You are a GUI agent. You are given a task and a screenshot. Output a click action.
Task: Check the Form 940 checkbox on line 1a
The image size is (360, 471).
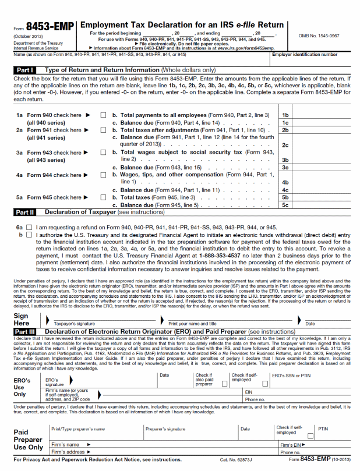point(103,115)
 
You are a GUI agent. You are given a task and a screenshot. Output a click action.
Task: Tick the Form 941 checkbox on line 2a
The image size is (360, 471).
point(103,130)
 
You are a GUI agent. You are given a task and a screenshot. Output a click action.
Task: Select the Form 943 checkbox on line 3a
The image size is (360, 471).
point(103,153)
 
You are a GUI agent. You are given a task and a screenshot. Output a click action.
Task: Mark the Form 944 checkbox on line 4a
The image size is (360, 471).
point(103,175)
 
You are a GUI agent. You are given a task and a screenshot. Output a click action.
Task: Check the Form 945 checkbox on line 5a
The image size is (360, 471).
point(103,197)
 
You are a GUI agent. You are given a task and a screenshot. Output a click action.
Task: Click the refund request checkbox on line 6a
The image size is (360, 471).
point(29,227)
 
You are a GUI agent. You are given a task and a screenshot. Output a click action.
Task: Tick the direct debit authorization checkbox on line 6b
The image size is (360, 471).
point(29,235)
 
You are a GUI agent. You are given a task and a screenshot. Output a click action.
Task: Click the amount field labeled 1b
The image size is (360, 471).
point(320,115)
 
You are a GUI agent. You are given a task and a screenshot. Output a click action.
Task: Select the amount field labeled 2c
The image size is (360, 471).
point(320,145)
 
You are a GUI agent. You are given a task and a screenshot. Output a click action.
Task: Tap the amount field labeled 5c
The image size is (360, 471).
point(320,205)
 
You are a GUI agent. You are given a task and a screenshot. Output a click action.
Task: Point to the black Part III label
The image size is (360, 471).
point(25,331)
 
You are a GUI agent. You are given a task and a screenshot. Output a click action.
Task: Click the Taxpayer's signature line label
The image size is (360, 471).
point(74,323)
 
